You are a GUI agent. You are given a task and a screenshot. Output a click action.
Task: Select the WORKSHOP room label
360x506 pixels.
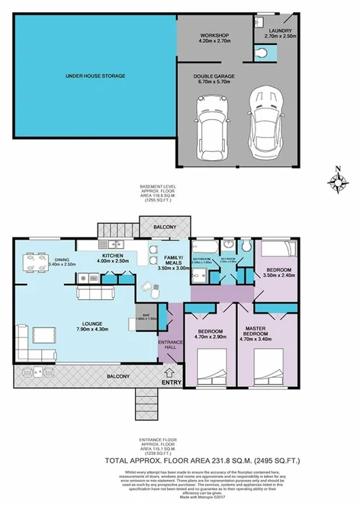coord(215,36)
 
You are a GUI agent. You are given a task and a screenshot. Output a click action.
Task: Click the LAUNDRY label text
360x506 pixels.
coord(280,31)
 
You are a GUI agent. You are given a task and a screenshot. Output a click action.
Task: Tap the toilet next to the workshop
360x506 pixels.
coord(264,53)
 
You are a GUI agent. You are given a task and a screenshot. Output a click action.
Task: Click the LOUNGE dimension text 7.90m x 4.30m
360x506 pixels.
coord(91,330)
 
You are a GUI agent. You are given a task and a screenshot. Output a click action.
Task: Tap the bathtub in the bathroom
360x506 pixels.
coord(204,249)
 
